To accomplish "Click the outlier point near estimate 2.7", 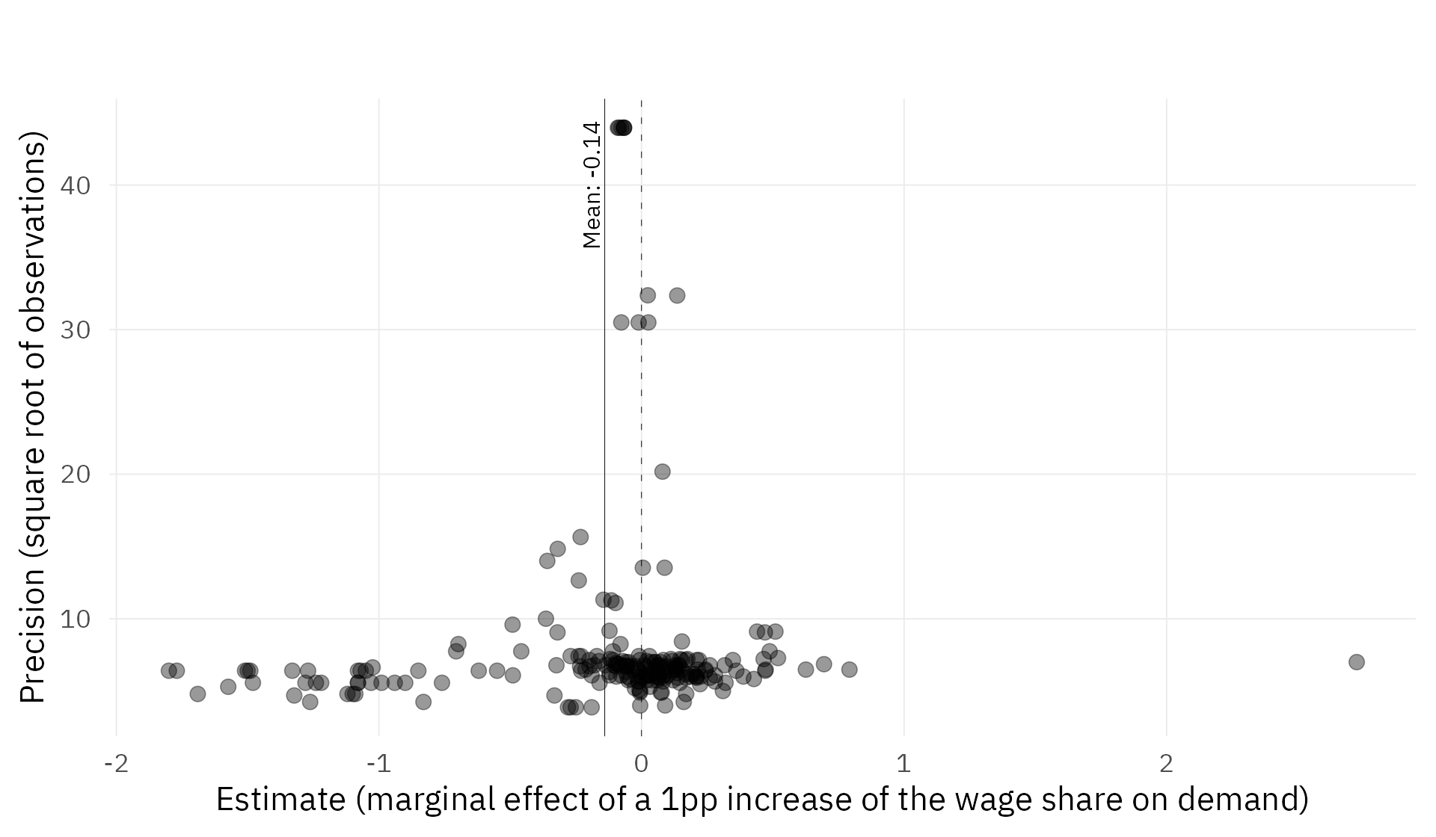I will click(x=1356, y=662).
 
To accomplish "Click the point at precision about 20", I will click(x=662, y=472).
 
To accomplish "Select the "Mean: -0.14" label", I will click(x=592, y=185).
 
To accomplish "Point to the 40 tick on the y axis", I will click(x=75, y=185).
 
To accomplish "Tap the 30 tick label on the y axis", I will click(x=75, y=330).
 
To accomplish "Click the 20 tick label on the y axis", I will click(x=75, y=475).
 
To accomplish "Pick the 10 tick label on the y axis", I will click(x=75, y=619).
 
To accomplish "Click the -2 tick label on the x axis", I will click(x=116, y=764).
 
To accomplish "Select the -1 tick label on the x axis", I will click(x=378, y=764).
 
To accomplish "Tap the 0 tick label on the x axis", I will click(x=641, y=764).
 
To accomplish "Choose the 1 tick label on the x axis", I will click(x=903, y=764).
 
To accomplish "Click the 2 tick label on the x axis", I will click(x=1166, y=764).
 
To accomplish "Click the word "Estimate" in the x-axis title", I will click(x=280, y=800).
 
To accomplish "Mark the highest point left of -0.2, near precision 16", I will click(x=580, y=537).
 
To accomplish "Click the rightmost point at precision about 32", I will click(x=677, y=295).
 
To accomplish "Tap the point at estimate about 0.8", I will click(x=849, y=669).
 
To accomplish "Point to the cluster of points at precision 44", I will click(x=621, y=128).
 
